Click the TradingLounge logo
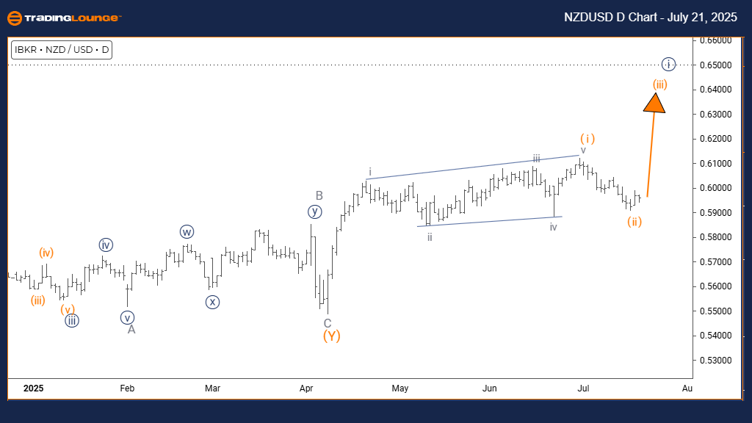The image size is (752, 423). (x=64, y=18)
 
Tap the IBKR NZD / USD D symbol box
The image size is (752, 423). (x=61, y=50)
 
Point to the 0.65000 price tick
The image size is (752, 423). (x=715, y=65)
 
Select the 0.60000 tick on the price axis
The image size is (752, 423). (x=715, y=188)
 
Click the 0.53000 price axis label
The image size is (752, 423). (x=715, y=360)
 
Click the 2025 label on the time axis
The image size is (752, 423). (x=32, y=387)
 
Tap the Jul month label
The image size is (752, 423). (x=583, y=387)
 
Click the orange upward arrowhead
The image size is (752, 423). (x=654, y=102)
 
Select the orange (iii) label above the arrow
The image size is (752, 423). (x=659, y=84)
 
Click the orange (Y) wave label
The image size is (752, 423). (x=331, y=336)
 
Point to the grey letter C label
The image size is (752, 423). (x=328, y=323)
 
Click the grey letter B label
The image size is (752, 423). (x=319, y=195)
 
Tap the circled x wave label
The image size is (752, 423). (x=212, y=302)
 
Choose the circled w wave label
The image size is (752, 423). (x=187, y=232)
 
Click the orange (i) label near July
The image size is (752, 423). (x=587, y=138)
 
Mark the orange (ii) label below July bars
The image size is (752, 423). (x=635, y=222)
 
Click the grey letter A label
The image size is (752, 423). (x=131, y=330)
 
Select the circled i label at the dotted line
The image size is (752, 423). (x=668, y=64)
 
